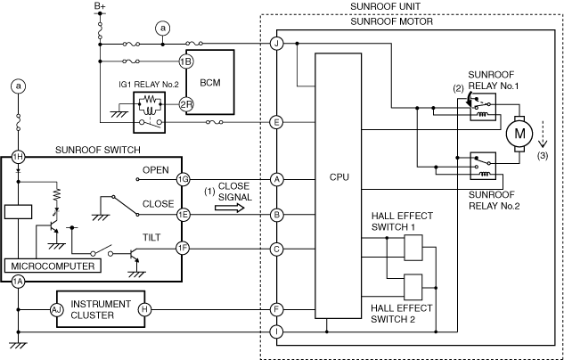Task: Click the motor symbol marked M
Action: point(519,134)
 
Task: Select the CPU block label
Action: point(339,177)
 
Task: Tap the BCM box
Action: point(210,82)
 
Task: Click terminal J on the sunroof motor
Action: point(276,44)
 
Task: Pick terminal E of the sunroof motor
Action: point(276,122)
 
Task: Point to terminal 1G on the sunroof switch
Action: point(183,179)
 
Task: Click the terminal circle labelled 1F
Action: point(183,249)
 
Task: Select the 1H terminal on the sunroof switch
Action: point(19,157)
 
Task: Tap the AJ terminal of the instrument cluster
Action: point(56,309)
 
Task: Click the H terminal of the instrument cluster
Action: point(144,309)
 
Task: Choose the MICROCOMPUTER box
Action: point(53,266)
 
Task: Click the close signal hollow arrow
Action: point(230,208)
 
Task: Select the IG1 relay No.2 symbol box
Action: point(150,112)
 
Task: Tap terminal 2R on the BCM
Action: point(185,104)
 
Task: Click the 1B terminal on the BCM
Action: point(185,61)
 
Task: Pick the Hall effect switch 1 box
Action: point(413,248)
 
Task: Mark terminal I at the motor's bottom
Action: point(276,331)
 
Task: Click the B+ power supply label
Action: point(100,5)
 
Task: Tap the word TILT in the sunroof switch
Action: point(151,237)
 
